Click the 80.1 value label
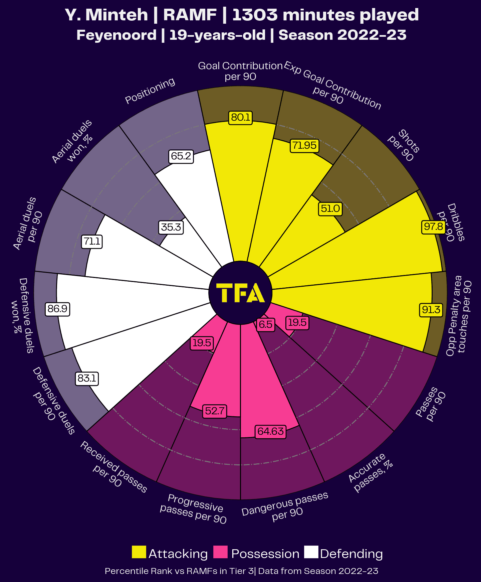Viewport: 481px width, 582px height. click(241, 118)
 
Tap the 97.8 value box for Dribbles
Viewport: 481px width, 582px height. click(433, 227)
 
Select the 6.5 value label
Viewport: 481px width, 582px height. click(266, 324)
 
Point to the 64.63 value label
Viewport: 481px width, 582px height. click(270, 431)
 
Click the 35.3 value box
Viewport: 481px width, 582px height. click(171, 228)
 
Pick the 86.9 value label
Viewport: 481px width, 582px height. click(57, 309)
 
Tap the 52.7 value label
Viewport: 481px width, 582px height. click(215, 411)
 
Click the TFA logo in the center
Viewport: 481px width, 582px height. click(240, 293)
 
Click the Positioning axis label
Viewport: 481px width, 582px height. click(150, 91)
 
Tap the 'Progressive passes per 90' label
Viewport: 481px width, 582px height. click(194, 509)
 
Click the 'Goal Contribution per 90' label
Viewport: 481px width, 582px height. click(240, 71)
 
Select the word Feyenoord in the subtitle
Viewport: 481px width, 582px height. click(116, 35)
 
